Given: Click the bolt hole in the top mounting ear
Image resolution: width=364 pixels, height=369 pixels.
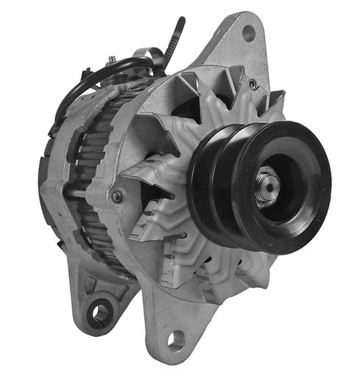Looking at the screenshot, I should [x=248, y=31].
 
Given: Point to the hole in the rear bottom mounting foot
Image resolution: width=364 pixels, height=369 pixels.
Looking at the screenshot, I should [x=100, y=312].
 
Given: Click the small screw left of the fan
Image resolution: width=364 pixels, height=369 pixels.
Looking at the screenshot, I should [x=117, y=196].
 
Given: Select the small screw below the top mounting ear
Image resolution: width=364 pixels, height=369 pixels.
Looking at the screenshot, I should [x=253, y=84].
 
